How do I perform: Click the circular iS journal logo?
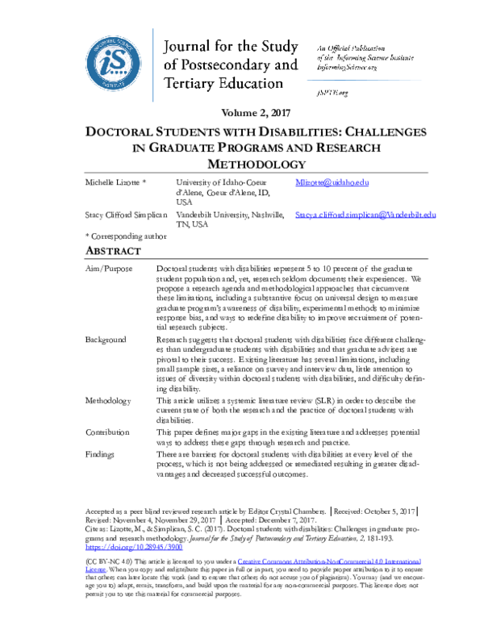pyautogui.click(x=115, y=65)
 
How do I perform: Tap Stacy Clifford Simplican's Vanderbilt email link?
pyautogui.click(x=365, y=215)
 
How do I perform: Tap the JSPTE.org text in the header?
pyautogui.click(x=332, y=94)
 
